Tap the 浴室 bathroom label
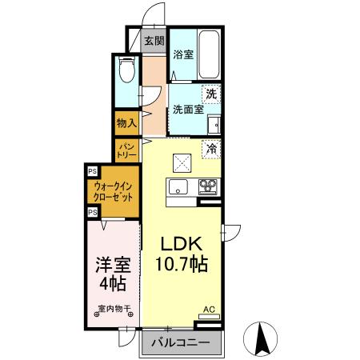coord(183,54)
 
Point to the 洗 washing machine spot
coord(211,94)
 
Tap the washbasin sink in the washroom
coord(214,125)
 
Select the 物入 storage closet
coord(126,122)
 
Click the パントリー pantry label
coord(126,149)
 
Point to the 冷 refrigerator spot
coord(211,147)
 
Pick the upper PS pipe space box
coord(92,171)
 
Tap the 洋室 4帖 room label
coord(112,273)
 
